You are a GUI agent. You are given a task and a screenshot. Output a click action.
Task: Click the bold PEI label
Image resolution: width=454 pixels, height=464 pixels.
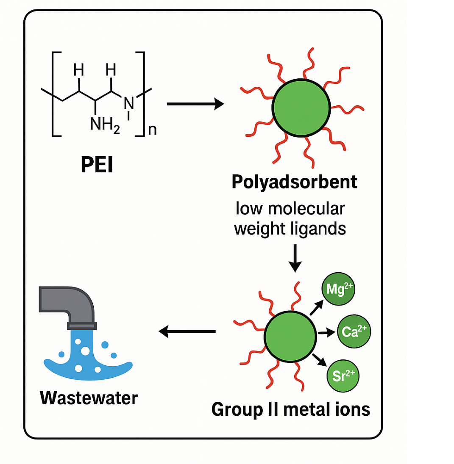(x=97, y=166)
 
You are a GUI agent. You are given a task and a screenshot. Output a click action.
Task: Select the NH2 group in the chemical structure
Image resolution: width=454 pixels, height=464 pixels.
(x=105, y=124)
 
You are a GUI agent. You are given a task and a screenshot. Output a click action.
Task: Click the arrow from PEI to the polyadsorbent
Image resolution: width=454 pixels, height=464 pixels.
(x=195, y=103)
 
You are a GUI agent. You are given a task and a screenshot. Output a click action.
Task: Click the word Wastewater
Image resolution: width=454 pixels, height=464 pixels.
(x=89, y=398)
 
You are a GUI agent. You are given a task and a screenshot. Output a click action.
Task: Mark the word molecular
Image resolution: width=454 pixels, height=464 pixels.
(x=310, y=209)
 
